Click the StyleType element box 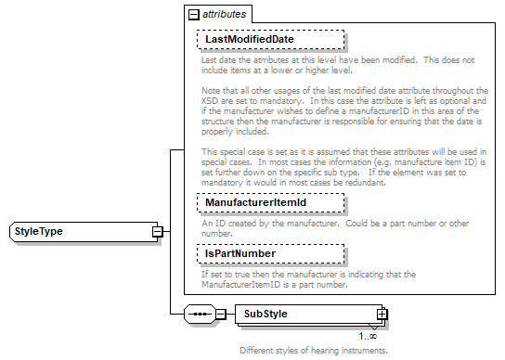pos(78,231)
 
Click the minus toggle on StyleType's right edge pos(157,231)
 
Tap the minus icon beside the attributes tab pos(193,16)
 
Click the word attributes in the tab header pos(227,16)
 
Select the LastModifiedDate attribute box pos(269,40)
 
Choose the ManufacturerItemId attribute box pos(269,202)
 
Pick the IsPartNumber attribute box pos(269,253)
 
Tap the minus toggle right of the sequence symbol pos(221,315)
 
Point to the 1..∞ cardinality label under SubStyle pos(368,336)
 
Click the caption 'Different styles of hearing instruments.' pos(313,351)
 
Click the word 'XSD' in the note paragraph pos(213,101)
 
